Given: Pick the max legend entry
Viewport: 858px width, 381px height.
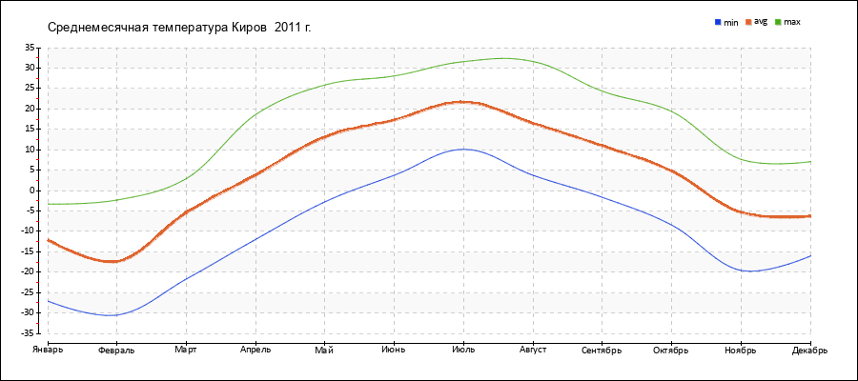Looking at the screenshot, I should pos(791,21).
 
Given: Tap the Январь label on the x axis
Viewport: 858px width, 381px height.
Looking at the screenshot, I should pos(48,350).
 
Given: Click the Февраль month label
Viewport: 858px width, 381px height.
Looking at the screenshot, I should pos(116,350).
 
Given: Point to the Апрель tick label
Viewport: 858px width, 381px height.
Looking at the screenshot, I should pos(255,350).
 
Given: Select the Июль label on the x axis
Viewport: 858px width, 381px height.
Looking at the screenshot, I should pos(463,350).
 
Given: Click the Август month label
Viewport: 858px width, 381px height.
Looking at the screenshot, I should pos(533,350).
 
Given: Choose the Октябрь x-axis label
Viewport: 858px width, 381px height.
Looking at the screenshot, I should pos(671,350).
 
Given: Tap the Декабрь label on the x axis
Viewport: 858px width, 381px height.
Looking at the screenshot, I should pos(809,350).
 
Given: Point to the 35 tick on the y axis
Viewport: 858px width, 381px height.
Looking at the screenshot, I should pos(30,47).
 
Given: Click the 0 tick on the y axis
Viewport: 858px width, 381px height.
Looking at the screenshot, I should pos(32,190).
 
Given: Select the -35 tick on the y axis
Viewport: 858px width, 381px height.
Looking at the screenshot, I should pos(28,333).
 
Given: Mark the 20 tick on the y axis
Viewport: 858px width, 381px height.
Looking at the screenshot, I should pos(30,109).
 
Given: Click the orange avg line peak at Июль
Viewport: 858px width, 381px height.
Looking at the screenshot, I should pos(463,101).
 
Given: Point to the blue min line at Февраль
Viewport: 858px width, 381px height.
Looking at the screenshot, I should pos(116,314).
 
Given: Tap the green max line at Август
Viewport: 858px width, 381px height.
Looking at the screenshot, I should pos(533,61).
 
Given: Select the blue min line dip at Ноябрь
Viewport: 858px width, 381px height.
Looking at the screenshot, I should pos(749,271).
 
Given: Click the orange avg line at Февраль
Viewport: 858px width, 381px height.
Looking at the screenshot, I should pos(116,261).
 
